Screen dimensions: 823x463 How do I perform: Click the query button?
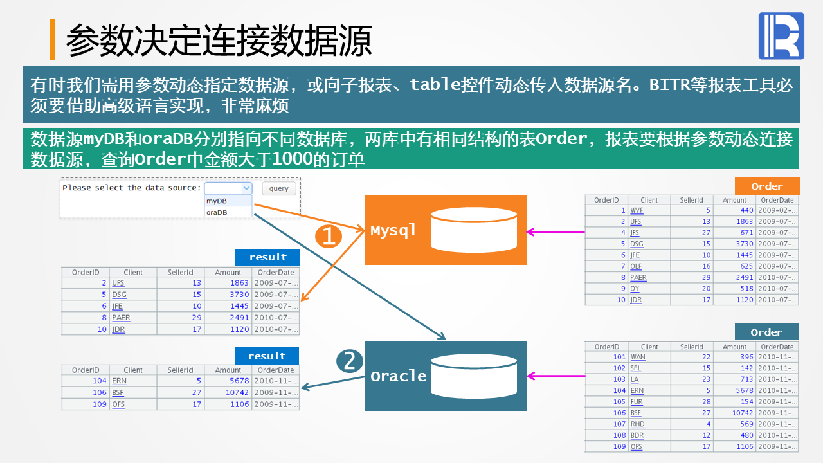click(279, 188)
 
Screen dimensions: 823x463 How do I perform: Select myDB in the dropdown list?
click(217, 201)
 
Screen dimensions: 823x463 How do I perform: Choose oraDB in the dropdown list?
click(217, 212)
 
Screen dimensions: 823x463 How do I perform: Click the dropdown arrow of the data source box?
click(246, 188)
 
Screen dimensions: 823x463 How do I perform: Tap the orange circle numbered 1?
click(329, 236)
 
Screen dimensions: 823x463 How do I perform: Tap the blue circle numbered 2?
click(349, 361)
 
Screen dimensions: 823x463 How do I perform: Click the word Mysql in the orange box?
click(393, 231)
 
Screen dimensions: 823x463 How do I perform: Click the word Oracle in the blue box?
click(398, 376)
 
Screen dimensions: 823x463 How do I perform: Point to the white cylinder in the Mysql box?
click(474, 230)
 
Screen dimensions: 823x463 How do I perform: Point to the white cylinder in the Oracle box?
click(474, 376)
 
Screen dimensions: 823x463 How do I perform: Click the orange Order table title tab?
click(767, 186)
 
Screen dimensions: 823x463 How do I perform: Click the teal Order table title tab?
click(767, 332)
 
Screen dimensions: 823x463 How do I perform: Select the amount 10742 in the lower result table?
click(237, 392)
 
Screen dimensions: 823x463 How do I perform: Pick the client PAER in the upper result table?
click(122, 318)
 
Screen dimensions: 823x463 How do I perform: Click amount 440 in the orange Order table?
click(746, 210)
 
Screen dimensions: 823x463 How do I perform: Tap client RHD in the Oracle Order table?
click(637, 424)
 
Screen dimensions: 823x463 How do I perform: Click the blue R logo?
click(781, 35)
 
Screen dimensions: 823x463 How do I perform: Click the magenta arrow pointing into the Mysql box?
click(556, 232)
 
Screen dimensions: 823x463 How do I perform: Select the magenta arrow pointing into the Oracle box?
click(556, 376)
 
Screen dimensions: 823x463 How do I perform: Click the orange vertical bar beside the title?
click(52, 39)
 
